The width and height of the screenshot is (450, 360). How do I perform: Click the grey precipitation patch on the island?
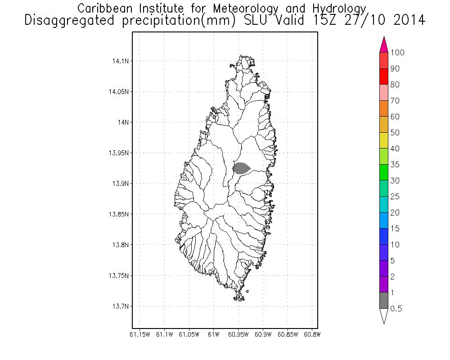(241, 168)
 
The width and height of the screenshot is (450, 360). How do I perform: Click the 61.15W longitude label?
(139, 334)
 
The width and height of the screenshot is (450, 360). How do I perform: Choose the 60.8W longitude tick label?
(312, 334)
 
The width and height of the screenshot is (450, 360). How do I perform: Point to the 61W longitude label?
(214, 334)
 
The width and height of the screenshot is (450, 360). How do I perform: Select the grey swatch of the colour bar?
(384, 300)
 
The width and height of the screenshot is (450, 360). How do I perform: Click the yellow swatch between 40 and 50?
(384, 140)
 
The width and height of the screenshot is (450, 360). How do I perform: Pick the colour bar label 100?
(397, 53)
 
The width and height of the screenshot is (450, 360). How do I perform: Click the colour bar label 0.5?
(396, 309)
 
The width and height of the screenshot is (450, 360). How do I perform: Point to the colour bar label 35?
(395, 165)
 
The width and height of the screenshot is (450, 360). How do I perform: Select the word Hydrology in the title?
(337, 9)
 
